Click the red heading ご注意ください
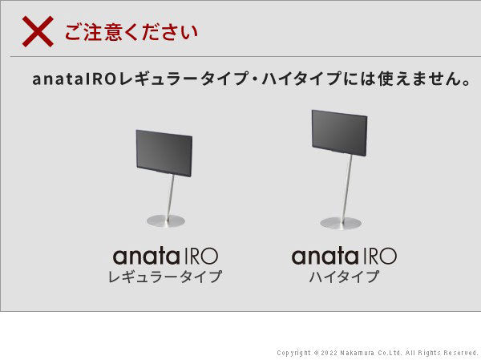tap(130, 33)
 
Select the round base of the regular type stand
tap(165, 220)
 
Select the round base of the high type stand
tap(341, 223)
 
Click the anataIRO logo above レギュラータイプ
tap(165, 257)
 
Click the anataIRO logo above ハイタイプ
tap(344, 257)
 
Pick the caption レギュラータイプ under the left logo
tap(165, 277)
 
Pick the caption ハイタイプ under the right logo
tap(344, 277)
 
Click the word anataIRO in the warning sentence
tap(74, 81)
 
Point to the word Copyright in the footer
tap(293, 353)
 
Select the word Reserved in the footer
tap(461, 353)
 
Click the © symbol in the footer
tap(317, 353)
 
